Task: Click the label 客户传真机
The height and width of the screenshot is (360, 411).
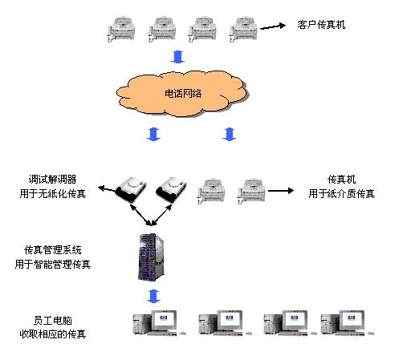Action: point(321,25)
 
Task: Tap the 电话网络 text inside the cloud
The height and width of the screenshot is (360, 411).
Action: point(183,93)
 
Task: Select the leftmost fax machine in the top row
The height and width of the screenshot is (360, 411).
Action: point(121,29)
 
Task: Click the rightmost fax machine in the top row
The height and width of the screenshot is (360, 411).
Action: point(243,29)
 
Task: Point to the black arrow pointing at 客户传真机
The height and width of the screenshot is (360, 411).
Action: point(273,26)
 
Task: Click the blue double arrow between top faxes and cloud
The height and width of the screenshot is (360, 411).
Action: point(178,57)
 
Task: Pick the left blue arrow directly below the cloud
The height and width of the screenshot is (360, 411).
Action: point(153,134)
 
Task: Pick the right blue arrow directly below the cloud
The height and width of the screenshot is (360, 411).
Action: point(229,134)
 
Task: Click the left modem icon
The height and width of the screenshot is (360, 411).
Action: point(131,189)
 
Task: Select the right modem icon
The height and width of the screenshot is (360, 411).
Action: point(171,188)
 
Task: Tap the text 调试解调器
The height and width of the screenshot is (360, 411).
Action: point(52,180)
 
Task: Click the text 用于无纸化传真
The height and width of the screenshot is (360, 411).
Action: point(53,194)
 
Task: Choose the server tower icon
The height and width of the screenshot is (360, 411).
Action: point(151,257)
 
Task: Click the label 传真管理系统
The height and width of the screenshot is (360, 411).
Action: point(53,250)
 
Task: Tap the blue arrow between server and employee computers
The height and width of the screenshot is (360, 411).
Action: point(153,296)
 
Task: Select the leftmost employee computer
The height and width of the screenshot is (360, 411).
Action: point(159,322)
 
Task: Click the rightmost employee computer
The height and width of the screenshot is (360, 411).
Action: point(348,322)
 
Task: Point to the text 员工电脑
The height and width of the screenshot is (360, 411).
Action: point(53,321)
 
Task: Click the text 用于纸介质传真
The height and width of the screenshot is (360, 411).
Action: point(341,194)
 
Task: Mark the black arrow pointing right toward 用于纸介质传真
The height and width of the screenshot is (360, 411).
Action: point(281,191)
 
